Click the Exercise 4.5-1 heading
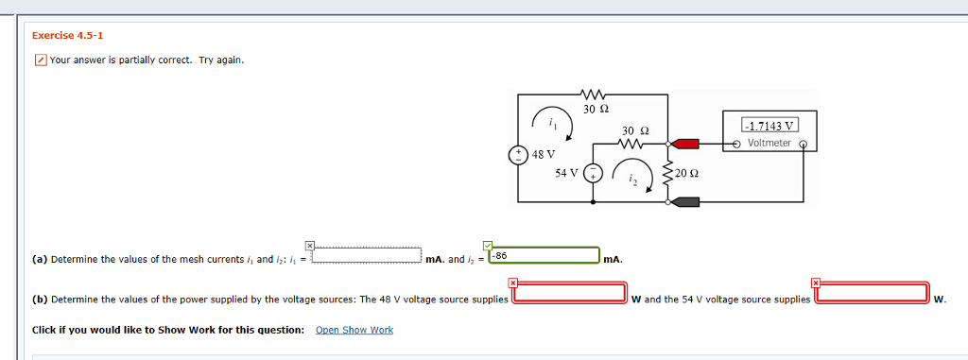click(67, 36)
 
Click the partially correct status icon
click(40, 60)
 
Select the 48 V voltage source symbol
click(517, 154)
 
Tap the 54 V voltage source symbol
click(592, 173)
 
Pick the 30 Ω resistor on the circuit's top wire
click(596, 94)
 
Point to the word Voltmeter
click(769, 143)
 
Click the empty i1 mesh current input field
click(367, 256)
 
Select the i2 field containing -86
click(544, 256)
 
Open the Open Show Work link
click(354, 330)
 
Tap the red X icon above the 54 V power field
click(816, 282)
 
